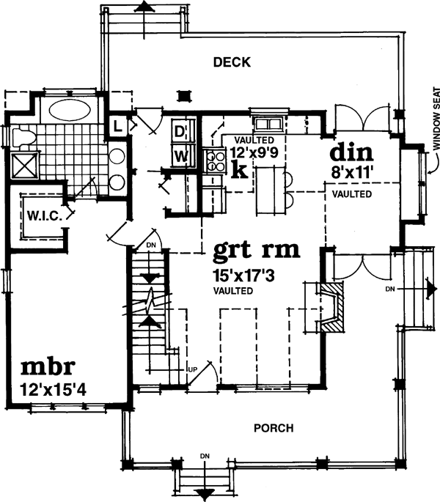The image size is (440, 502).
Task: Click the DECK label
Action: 232,62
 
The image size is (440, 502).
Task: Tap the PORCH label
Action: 274,428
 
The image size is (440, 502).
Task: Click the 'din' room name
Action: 351,154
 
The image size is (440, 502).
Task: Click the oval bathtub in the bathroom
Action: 68,113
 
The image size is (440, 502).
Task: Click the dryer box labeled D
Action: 180,132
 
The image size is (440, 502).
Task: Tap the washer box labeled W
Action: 180,155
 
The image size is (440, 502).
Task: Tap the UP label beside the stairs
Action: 193,369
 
